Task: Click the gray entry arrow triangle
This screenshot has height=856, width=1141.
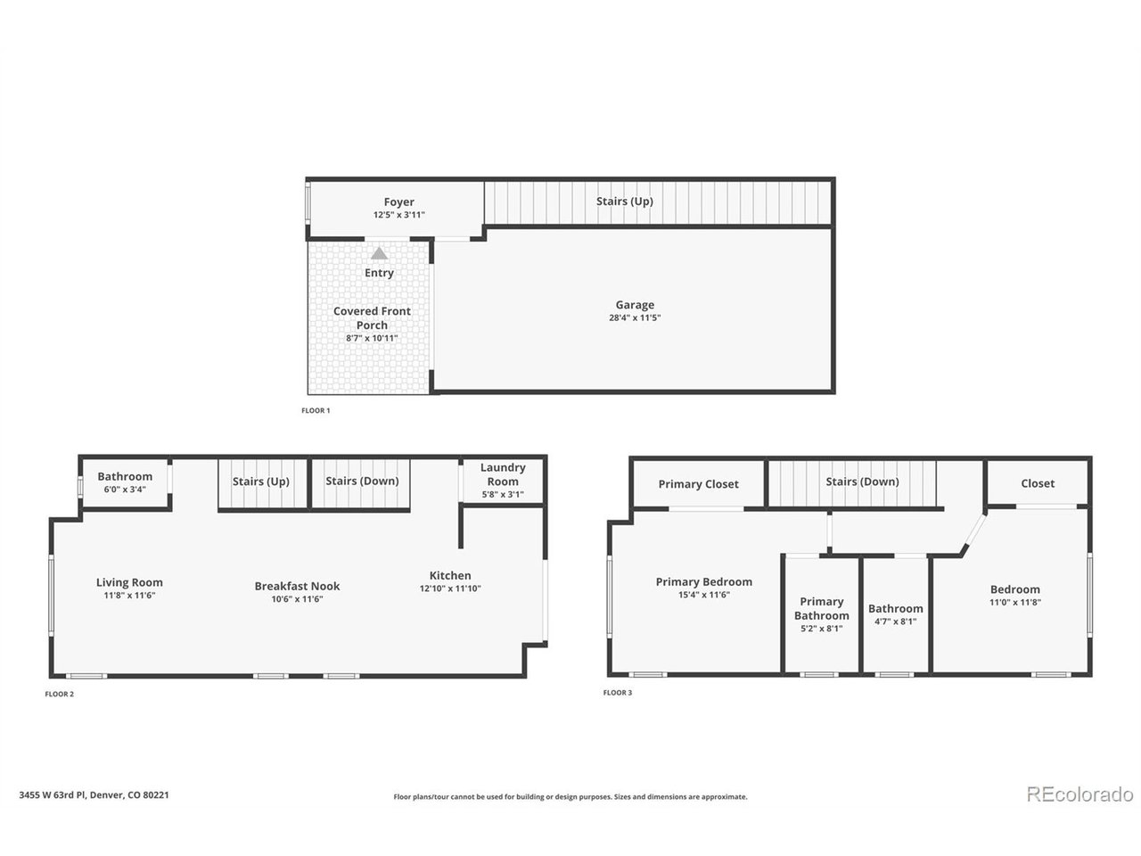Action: point(379,253)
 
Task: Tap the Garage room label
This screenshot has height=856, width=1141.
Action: point(635,305)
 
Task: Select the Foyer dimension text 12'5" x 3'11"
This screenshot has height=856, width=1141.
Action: point(398,215)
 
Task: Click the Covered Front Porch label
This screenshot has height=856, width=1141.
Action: point(372,318)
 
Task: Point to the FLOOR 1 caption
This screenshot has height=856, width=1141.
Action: point(316,410)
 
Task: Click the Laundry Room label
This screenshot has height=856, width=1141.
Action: point(503,474)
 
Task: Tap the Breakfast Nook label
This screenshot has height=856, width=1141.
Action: point(297,586)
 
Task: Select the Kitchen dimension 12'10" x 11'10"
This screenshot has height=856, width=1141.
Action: point(450,588)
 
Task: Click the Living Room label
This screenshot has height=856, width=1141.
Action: point(129,582)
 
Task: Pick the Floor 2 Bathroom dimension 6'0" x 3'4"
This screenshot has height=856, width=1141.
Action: point(125,489)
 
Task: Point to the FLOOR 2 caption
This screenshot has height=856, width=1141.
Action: point(59,694)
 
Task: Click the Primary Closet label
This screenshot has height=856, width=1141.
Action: point(698,484)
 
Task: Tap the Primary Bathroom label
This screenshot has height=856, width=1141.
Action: point(821,609)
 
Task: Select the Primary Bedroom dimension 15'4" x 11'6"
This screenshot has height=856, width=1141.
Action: point(704,595)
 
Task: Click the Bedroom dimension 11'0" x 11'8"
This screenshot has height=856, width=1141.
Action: point(1014,603)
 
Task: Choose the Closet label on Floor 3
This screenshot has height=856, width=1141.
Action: point(1038,483)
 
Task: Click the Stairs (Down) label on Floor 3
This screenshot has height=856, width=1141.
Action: point(862,481)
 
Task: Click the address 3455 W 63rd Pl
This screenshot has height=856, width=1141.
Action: point(53,795)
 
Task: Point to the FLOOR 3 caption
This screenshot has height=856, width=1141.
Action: point(618,693)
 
